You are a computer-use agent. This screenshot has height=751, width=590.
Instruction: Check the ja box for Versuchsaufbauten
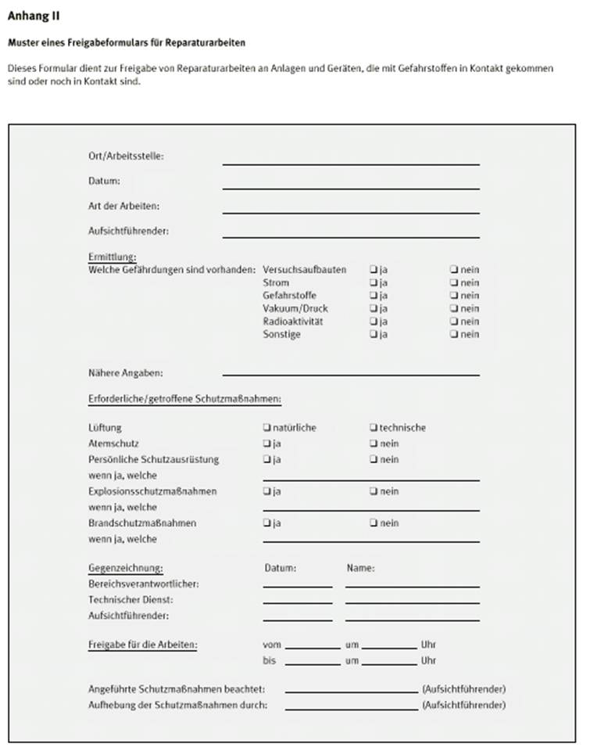tap(374, 270)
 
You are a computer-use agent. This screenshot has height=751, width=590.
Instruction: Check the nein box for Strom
tap(454, 282)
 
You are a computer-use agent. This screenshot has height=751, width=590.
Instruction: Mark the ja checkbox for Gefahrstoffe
tap(374, 296)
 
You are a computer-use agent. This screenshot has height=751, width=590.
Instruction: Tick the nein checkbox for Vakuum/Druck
tap(454, 308)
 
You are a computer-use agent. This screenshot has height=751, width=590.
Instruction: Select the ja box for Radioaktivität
tap(374, 322)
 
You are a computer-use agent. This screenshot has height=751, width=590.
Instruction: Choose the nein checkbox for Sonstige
tap(454, 335)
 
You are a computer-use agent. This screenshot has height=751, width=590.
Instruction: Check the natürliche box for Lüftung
tap(267, 428)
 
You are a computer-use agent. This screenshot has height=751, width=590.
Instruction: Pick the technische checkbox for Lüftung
tap(374, 428)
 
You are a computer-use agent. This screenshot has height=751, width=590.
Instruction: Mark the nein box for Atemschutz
tap(374, 444)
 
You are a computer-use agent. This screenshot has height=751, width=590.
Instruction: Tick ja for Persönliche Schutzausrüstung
tap(267, 459)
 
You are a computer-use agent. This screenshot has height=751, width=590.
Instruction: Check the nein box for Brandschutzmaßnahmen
tap(374, 523)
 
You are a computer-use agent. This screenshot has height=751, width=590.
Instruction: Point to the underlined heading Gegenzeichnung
tap(126, 568)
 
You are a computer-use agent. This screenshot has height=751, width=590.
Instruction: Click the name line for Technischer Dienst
tap(412, 601)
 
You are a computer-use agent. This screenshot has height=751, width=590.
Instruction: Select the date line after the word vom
tap(313, 647)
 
